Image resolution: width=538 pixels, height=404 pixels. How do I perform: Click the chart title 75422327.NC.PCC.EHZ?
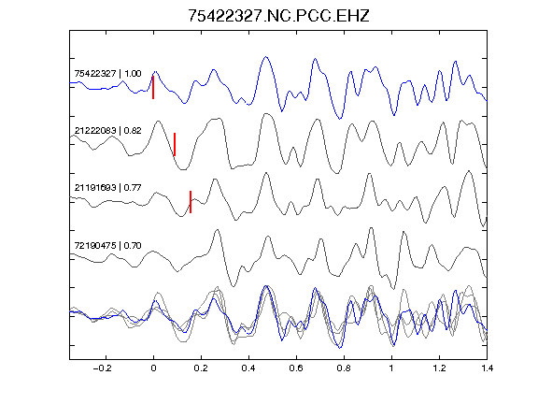tap(278, 16)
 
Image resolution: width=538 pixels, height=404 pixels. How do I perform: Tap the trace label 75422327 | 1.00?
tap(107, 74)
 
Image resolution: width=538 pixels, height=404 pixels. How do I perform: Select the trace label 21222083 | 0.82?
tap(107, 131)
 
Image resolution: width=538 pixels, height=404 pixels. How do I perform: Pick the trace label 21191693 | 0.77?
tap(107, 188)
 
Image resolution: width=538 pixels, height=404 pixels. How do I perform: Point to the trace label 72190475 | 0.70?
tap(107, 245)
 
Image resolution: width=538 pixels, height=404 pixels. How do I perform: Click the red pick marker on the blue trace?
tap(153, 88)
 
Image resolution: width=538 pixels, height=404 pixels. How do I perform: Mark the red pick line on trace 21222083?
tap(175, 144)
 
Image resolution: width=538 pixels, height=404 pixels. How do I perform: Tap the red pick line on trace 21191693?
tap(191, 202)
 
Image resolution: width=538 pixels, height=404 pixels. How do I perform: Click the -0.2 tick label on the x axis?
tap(103, 368)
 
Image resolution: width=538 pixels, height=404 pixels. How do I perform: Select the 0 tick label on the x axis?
tap(153, 368)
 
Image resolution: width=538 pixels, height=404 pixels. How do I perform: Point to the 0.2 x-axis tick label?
tap(201, 368)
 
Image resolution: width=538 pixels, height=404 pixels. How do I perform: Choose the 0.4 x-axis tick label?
tap(248, 368)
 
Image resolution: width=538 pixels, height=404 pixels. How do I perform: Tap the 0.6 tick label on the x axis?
tap(296, 368)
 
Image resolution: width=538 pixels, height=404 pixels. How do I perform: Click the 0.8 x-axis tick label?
tap(344, 368)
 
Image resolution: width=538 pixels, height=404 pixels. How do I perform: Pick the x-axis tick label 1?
tap(391, 368)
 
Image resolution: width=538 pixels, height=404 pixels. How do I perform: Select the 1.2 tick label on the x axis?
tap(439, 368)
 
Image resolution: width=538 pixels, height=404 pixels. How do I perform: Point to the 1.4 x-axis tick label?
tap(487, 368)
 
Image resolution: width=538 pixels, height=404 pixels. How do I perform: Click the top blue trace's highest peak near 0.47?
tap(265, 57)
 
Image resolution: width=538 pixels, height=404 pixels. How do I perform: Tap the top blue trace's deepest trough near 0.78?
tap(340, 119)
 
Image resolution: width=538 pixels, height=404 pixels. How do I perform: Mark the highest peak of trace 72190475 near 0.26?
tap(217, 230)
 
